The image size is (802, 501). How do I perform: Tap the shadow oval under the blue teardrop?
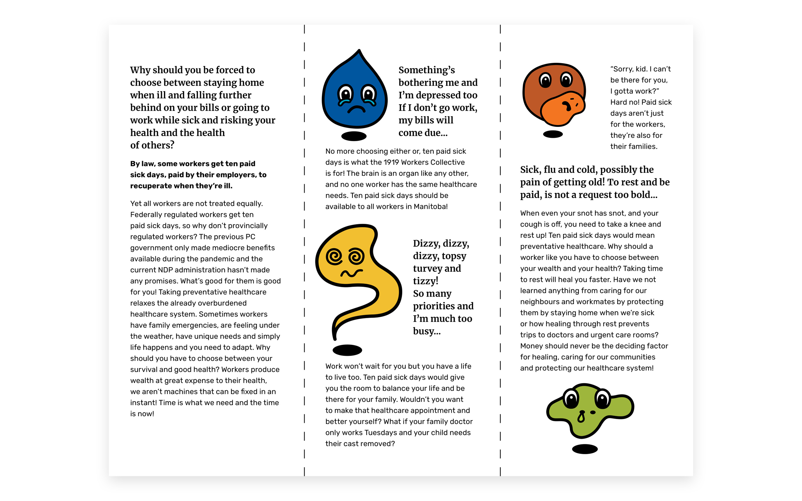pos(354,136)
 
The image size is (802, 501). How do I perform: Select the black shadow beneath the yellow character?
pos(347,350)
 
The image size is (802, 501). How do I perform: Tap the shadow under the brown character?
pos(553,134)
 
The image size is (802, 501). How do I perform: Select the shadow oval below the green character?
pos(585,449)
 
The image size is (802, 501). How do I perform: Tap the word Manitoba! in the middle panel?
pos(431,207)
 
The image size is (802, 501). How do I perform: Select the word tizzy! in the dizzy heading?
pos(426,281)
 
